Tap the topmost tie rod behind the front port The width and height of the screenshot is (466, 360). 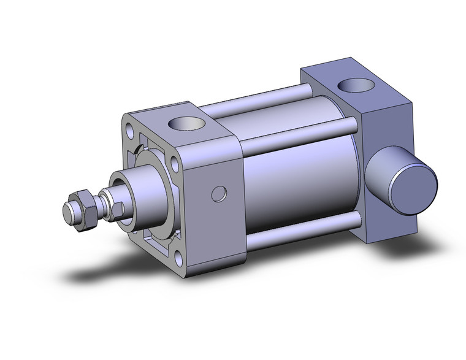(258, 101)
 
